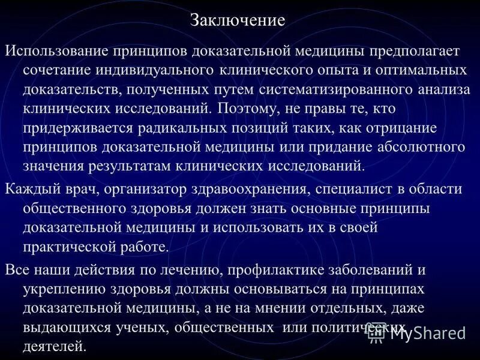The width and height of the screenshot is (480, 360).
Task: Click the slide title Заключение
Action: coord(237,20)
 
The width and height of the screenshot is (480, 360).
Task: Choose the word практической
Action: coord(68,247)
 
